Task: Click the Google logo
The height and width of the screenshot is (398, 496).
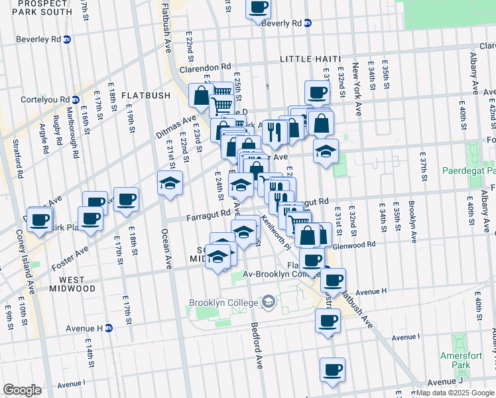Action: click(22, 390)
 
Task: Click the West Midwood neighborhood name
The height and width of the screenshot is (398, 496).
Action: click(68, 284)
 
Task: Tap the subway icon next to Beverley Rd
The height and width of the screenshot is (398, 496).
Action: click(68, 39)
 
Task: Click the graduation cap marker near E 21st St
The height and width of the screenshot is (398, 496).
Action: click(170, 183)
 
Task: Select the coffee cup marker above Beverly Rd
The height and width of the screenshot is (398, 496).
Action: click(259, 7)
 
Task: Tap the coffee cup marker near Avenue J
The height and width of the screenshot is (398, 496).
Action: click(332, 370)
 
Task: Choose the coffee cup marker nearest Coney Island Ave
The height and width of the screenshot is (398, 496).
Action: click(39, 221)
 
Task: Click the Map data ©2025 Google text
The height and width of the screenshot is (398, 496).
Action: click(454, 393)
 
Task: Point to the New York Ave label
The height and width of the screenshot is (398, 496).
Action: click(356, 90)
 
